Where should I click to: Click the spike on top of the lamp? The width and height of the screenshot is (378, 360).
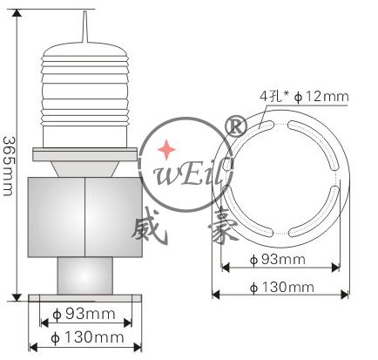(85, 26)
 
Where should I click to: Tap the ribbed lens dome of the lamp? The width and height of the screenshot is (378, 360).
(84, 96)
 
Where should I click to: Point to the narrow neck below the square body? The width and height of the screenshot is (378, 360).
(84, 276)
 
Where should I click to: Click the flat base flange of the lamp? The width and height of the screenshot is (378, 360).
(84, 299)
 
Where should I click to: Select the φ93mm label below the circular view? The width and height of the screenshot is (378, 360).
(277, 260)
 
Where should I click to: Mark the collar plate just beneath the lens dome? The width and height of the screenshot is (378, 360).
(84, 154)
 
